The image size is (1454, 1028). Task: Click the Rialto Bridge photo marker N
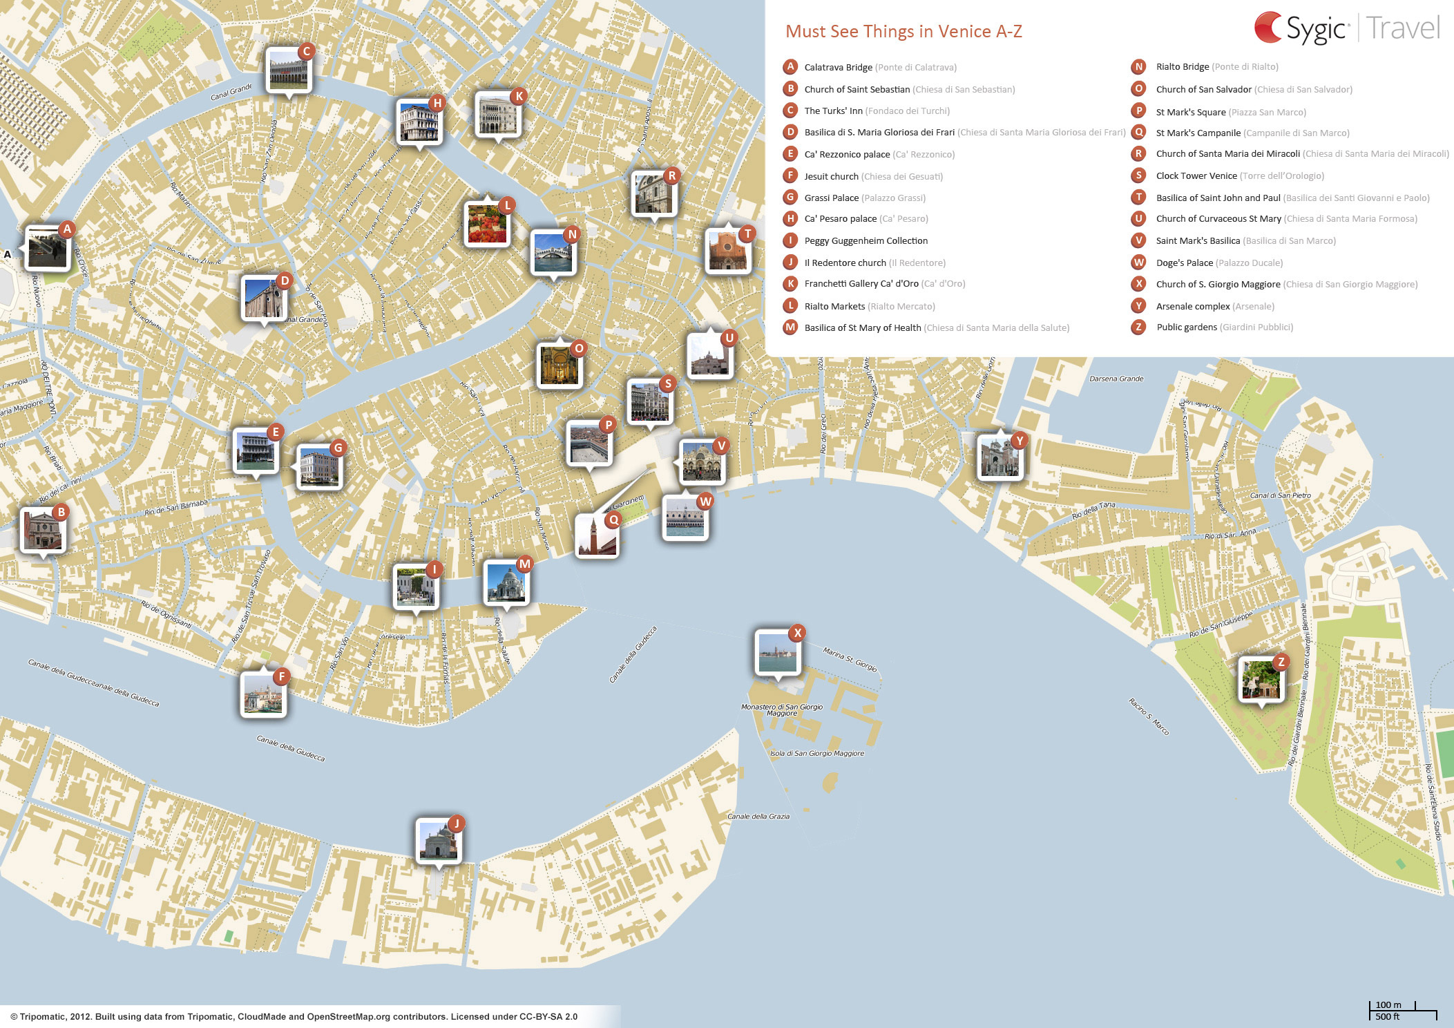(553, 253)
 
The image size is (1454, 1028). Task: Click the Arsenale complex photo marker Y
(999, 457)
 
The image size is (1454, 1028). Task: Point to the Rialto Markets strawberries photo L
(487, 224)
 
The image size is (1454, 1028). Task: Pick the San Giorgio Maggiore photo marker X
(778, 651)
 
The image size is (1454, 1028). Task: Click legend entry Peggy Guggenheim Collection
(865, 240)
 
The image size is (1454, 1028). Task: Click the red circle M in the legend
(790, 327)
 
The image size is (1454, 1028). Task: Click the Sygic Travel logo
(1346, 28)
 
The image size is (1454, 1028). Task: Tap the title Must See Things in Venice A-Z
(903, 31)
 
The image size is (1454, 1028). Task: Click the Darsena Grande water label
(1116, 379)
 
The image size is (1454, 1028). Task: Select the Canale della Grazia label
(758, 817)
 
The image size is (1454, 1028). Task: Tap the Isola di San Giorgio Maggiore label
(816, 753)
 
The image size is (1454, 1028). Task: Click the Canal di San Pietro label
(1280, 495)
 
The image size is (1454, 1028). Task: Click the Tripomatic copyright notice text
(294, 1016)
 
